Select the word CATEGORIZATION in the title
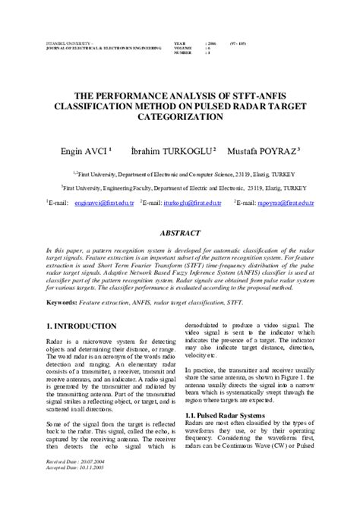tap(181, 118)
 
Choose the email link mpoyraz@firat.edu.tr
tap(283, 203)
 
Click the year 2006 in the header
tap(213, 44)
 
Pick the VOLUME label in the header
tap(184, 49)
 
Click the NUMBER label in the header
tap(184, 53)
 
